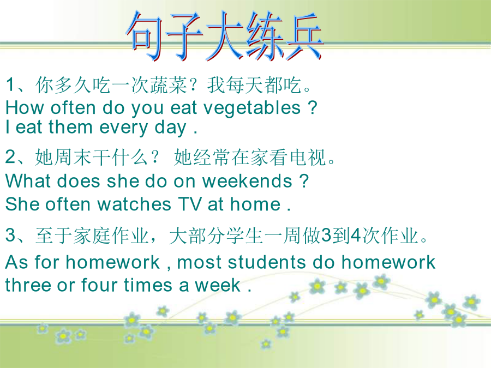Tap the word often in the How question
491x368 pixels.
pyautogui.click(x=73, y=107)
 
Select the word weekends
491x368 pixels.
pyautogui.click(x=247, y=181)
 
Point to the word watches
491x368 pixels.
pyautogui.click(x=134, y=204)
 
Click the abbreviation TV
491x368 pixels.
pyautogui.click(x=190, y=204)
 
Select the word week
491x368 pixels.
pyautogui.click(x=218, y=285)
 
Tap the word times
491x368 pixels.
pyautogui.click(x=148, y=285)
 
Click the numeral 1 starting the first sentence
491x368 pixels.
pyautogui.click(x=10, y=85)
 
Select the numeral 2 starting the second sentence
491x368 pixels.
pyautogui.click(x=10, y=156)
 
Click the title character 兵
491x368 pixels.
pyautogui.click(x=303, y=37)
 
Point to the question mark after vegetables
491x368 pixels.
pyautogui.click(x=312, y=107)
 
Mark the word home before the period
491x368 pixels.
pyautogui.click(x=255, y=204)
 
